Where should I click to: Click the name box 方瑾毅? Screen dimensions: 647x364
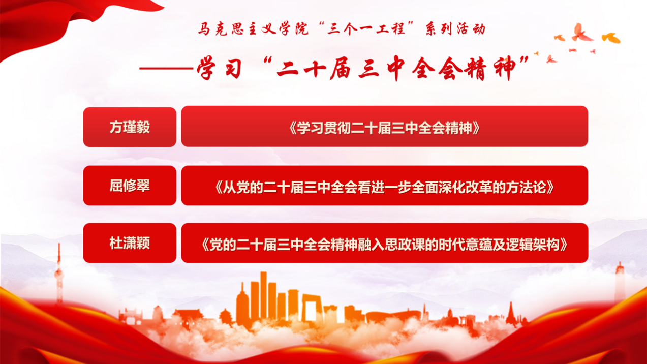coord(130,127)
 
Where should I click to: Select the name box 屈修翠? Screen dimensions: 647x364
coord(130,186)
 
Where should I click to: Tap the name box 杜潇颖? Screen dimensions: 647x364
coord(130,243)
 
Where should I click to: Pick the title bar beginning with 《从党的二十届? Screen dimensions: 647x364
coord(384,186)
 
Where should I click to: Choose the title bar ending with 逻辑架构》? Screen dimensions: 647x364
coord(384,243)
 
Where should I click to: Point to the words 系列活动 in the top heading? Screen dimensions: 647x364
coord(455,29)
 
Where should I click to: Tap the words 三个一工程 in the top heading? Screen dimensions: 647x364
coord(366,29)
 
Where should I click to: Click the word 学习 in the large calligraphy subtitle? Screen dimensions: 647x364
coord(220,68)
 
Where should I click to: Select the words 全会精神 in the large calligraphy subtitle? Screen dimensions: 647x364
coord(464,69)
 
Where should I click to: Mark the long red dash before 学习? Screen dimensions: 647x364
coord(166,69)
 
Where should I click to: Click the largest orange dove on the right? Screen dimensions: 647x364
coord(611,38)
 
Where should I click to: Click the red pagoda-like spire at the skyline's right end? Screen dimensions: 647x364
coord(511,314)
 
